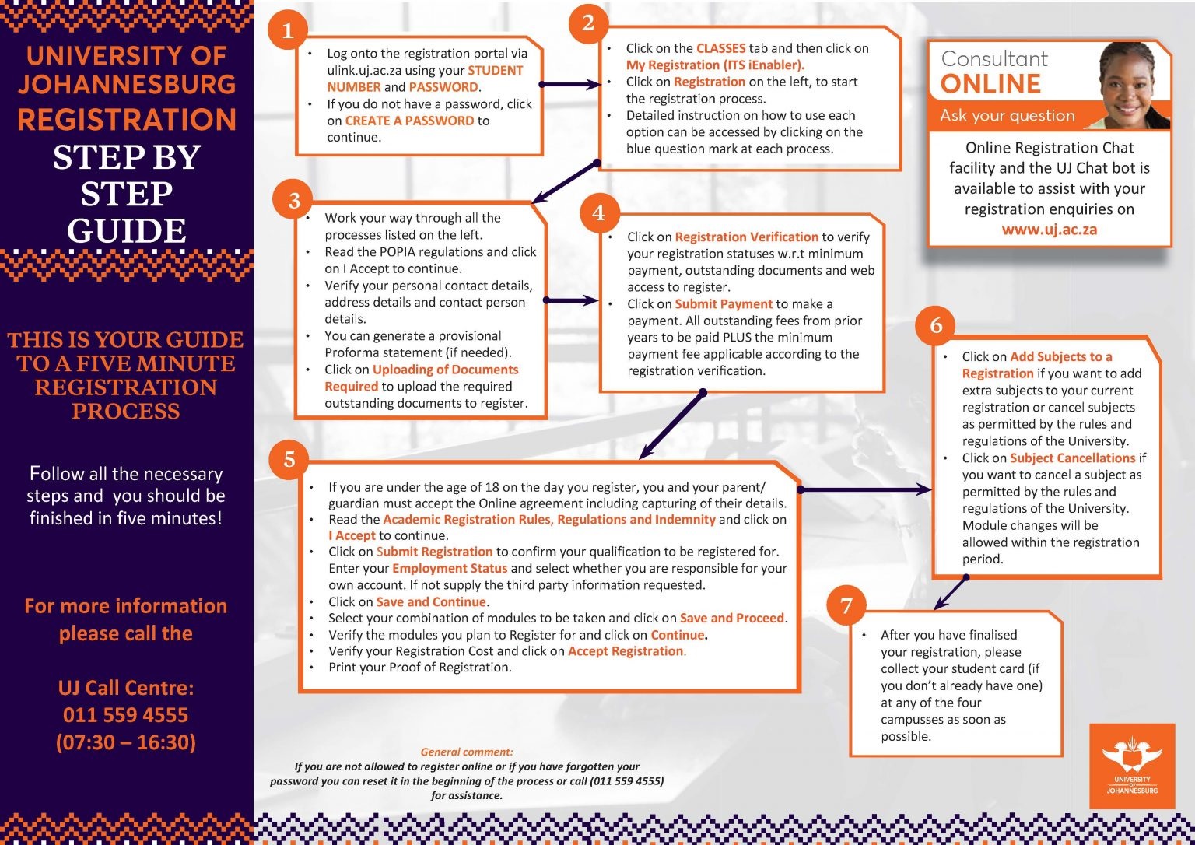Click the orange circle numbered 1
point(288,30)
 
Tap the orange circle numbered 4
point(598,212)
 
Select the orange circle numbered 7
point(846,605)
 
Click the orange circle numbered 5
point(289,459)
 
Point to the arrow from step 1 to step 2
point(569,84)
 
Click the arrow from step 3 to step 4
point(571,300)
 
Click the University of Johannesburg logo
point(1131,766)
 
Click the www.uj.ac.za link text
point(1049,230)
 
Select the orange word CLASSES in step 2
point(720,48)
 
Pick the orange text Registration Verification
point(746,237)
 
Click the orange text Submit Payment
point(724,304)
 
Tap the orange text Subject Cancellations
point(1072,458)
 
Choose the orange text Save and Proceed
point(731,618)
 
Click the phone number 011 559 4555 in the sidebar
point(126,714)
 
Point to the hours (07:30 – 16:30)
point(126,742)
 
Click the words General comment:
point(467,752)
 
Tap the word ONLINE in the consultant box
point(990,84)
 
